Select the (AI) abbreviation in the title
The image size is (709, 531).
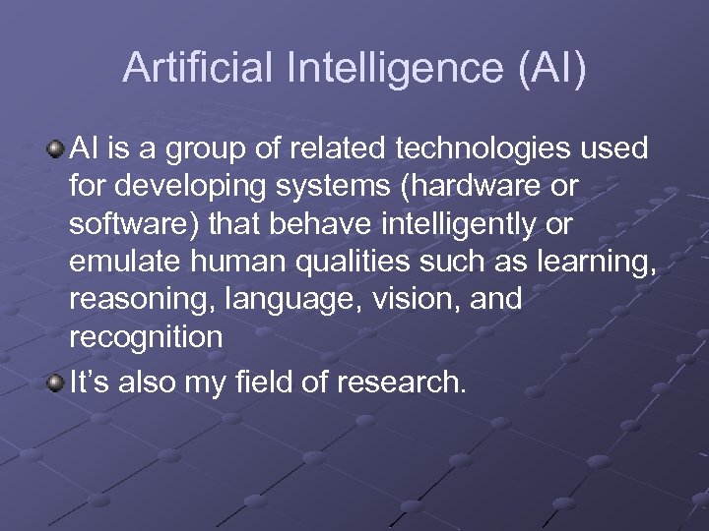(546, 68)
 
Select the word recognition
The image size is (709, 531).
(146, 336)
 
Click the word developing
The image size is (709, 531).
(188, 187)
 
